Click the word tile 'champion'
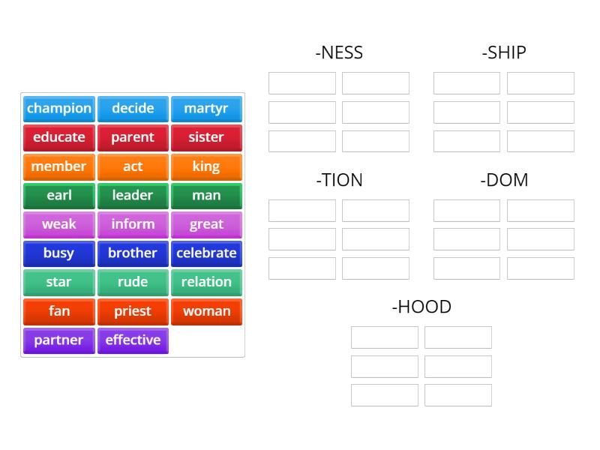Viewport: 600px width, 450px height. coord(59,109)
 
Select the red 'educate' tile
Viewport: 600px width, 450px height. coord(59,137)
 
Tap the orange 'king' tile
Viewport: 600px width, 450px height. coord(206,166)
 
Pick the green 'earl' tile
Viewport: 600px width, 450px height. coord(59,196)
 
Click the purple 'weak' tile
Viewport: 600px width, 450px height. coord(59,224)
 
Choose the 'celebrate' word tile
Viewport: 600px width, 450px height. coord(206,253)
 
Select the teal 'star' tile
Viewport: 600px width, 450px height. coord(59,283)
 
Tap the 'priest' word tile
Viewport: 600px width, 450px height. coord(133,311)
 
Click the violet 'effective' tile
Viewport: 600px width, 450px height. coord(133,340)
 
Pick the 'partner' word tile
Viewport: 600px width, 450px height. coord(59,340)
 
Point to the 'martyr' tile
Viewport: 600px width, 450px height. coord(206,109)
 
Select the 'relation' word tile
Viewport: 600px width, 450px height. coord(206,283)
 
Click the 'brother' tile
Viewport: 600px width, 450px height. coord(133,253)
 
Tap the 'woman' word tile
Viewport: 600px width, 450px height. coord(206,311)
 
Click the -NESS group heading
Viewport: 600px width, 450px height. coord(339,52)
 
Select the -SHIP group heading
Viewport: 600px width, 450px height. coord(504,52)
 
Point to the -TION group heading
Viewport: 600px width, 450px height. coord(339,180)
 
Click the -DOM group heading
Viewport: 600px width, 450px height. coord(504,180)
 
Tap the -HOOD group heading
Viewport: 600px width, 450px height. coord(421,307)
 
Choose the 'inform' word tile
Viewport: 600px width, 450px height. coord(133,224)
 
